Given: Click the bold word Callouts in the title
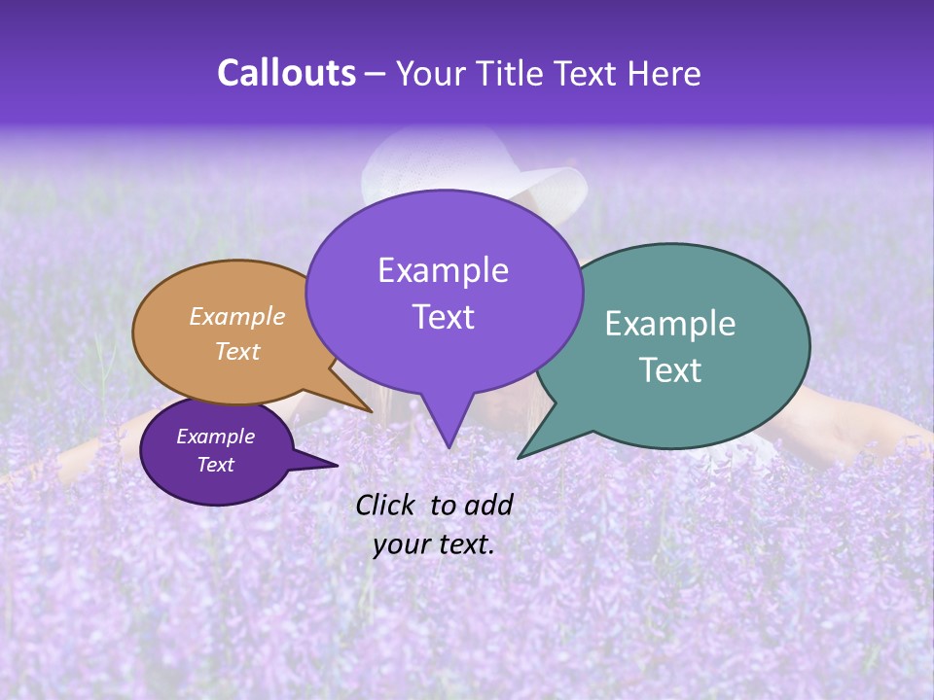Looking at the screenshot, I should [286, 74].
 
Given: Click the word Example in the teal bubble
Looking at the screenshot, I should [670, 324].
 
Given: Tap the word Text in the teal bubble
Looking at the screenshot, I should [670, 370].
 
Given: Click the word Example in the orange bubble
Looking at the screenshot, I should [236, 317].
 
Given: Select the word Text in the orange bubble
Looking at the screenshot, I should [236, 352].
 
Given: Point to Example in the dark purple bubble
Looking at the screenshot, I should [215, 437].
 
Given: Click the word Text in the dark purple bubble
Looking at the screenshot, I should [215, 465].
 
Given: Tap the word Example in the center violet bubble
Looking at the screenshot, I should [443, 270].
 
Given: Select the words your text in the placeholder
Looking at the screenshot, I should [433, 545].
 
